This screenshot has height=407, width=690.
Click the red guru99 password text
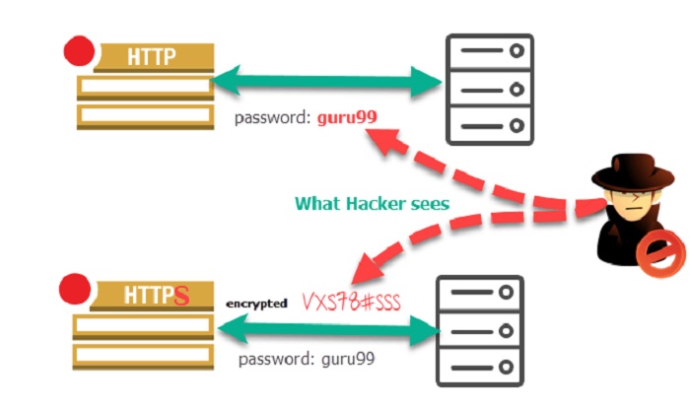pyautogui.click(x=347, y=118)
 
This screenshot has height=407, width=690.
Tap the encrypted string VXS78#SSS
pyautogui.click(x=351, y=302)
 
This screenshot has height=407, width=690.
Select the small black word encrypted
pyautogui.click(x=256, y=305)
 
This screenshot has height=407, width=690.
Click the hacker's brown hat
pyautogui.click(x=633, y=172)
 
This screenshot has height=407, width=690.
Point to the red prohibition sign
pyautogui.click(x=661, y=253)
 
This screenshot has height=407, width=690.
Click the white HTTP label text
pyautogui.click(x=152, y=57)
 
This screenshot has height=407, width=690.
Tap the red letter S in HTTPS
pyautogui.click(x=181, y=296)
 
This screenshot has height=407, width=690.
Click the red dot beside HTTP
pyautogui.click(x=79, y=51)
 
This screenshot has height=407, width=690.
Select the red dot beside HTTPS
pyautogui.click(x=75, y=289)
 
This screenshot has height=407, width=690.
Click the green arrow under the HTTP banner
pyautogui.click(x=326, y=82)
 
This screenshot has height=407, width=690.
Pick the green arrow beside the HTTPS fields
pyautogui.click(x=328, y=329)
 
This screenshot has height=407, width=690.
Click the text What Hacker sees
pyautogui.click(x=373, y=204)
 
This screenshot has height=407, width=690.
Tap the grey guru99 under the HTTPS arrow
pyautogui.click(x=348, y=359)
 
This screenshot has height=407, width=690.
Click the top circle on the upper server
pyautogui.click(x=517, y=50)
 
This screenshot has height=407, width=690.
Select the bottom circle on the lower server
pyautogui.click(x=506, y=367)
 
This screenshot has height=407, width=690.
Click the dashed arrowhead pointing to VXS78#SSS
pyautogui.click(x=367, y=269)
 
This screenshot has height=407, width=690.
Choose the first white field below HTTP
pyautogui.click(x=146, y=86)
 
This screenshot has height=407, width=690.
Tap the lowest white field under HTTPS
pyautogui.click(x=143, y=355)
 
